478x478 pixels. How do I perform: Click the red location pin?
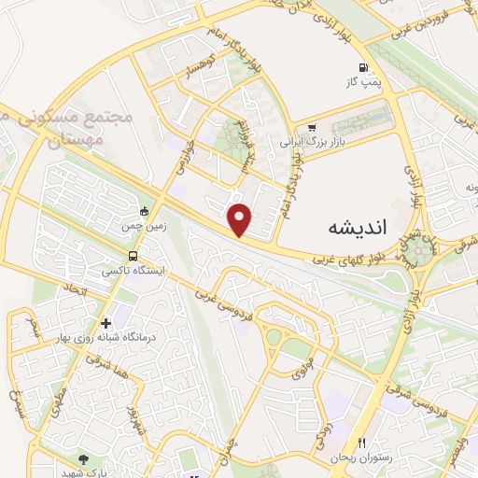click(241, 218)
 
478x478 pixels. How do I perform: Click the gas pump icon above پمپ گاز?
click(363, 67)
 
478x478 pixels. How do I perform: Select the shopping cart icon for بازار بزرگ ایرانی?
click(311, 128)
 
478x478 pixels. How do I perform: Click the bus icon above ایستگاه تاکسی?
click(133, 255)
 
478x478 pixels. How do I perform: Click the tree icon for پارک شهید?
click(85, 459)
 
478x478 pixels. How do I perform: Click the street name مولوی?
click(299, 367)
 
